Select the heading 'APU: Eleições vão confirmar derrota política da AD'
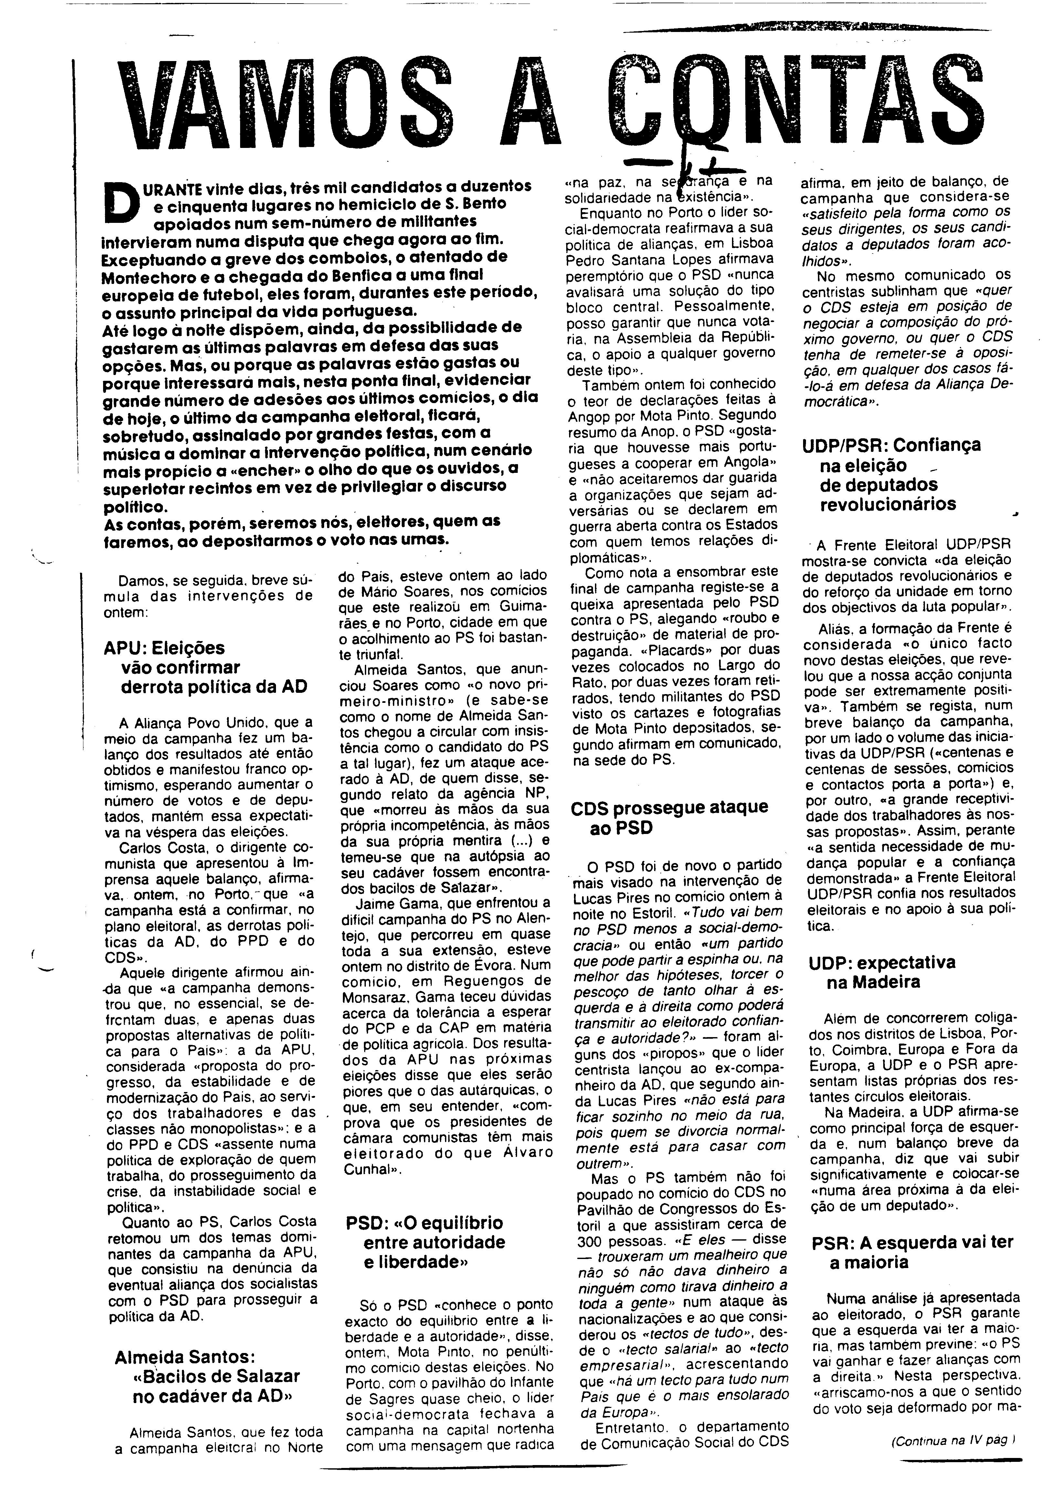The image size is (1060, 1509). [x=205, y=667]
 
